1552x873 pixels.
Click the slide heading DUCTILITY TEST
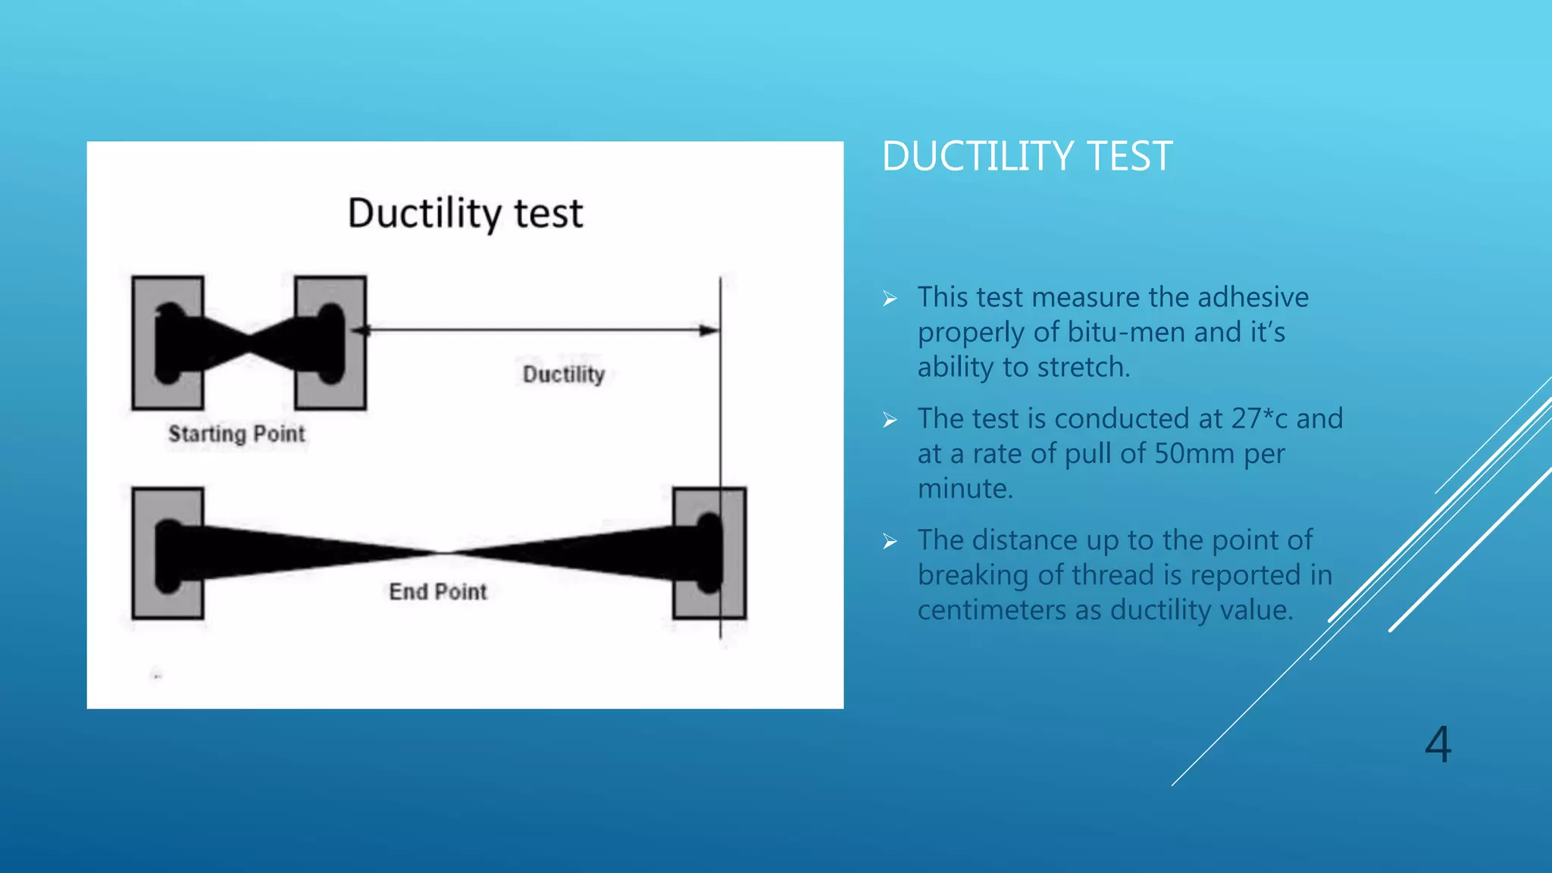pos(1027,157)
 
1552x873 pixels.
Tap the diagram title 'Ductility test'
pos(465,213)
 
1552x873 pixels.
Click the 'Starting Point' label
pos(236,434)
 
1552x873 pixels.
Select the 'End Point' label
pos(437,592)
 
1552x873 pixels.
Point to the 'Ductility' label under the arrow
pos(564,374)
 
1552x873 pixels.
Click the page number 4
pos(1438,744)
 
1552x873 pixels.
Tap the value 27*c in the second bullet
pos(1259,418)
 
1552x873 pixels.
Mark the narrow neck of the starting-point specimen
pos(249,343)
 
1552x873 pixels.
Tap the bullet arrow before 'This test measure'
pos(890,299)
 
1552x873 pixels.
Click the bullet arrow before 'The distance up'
pos(890,541)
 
